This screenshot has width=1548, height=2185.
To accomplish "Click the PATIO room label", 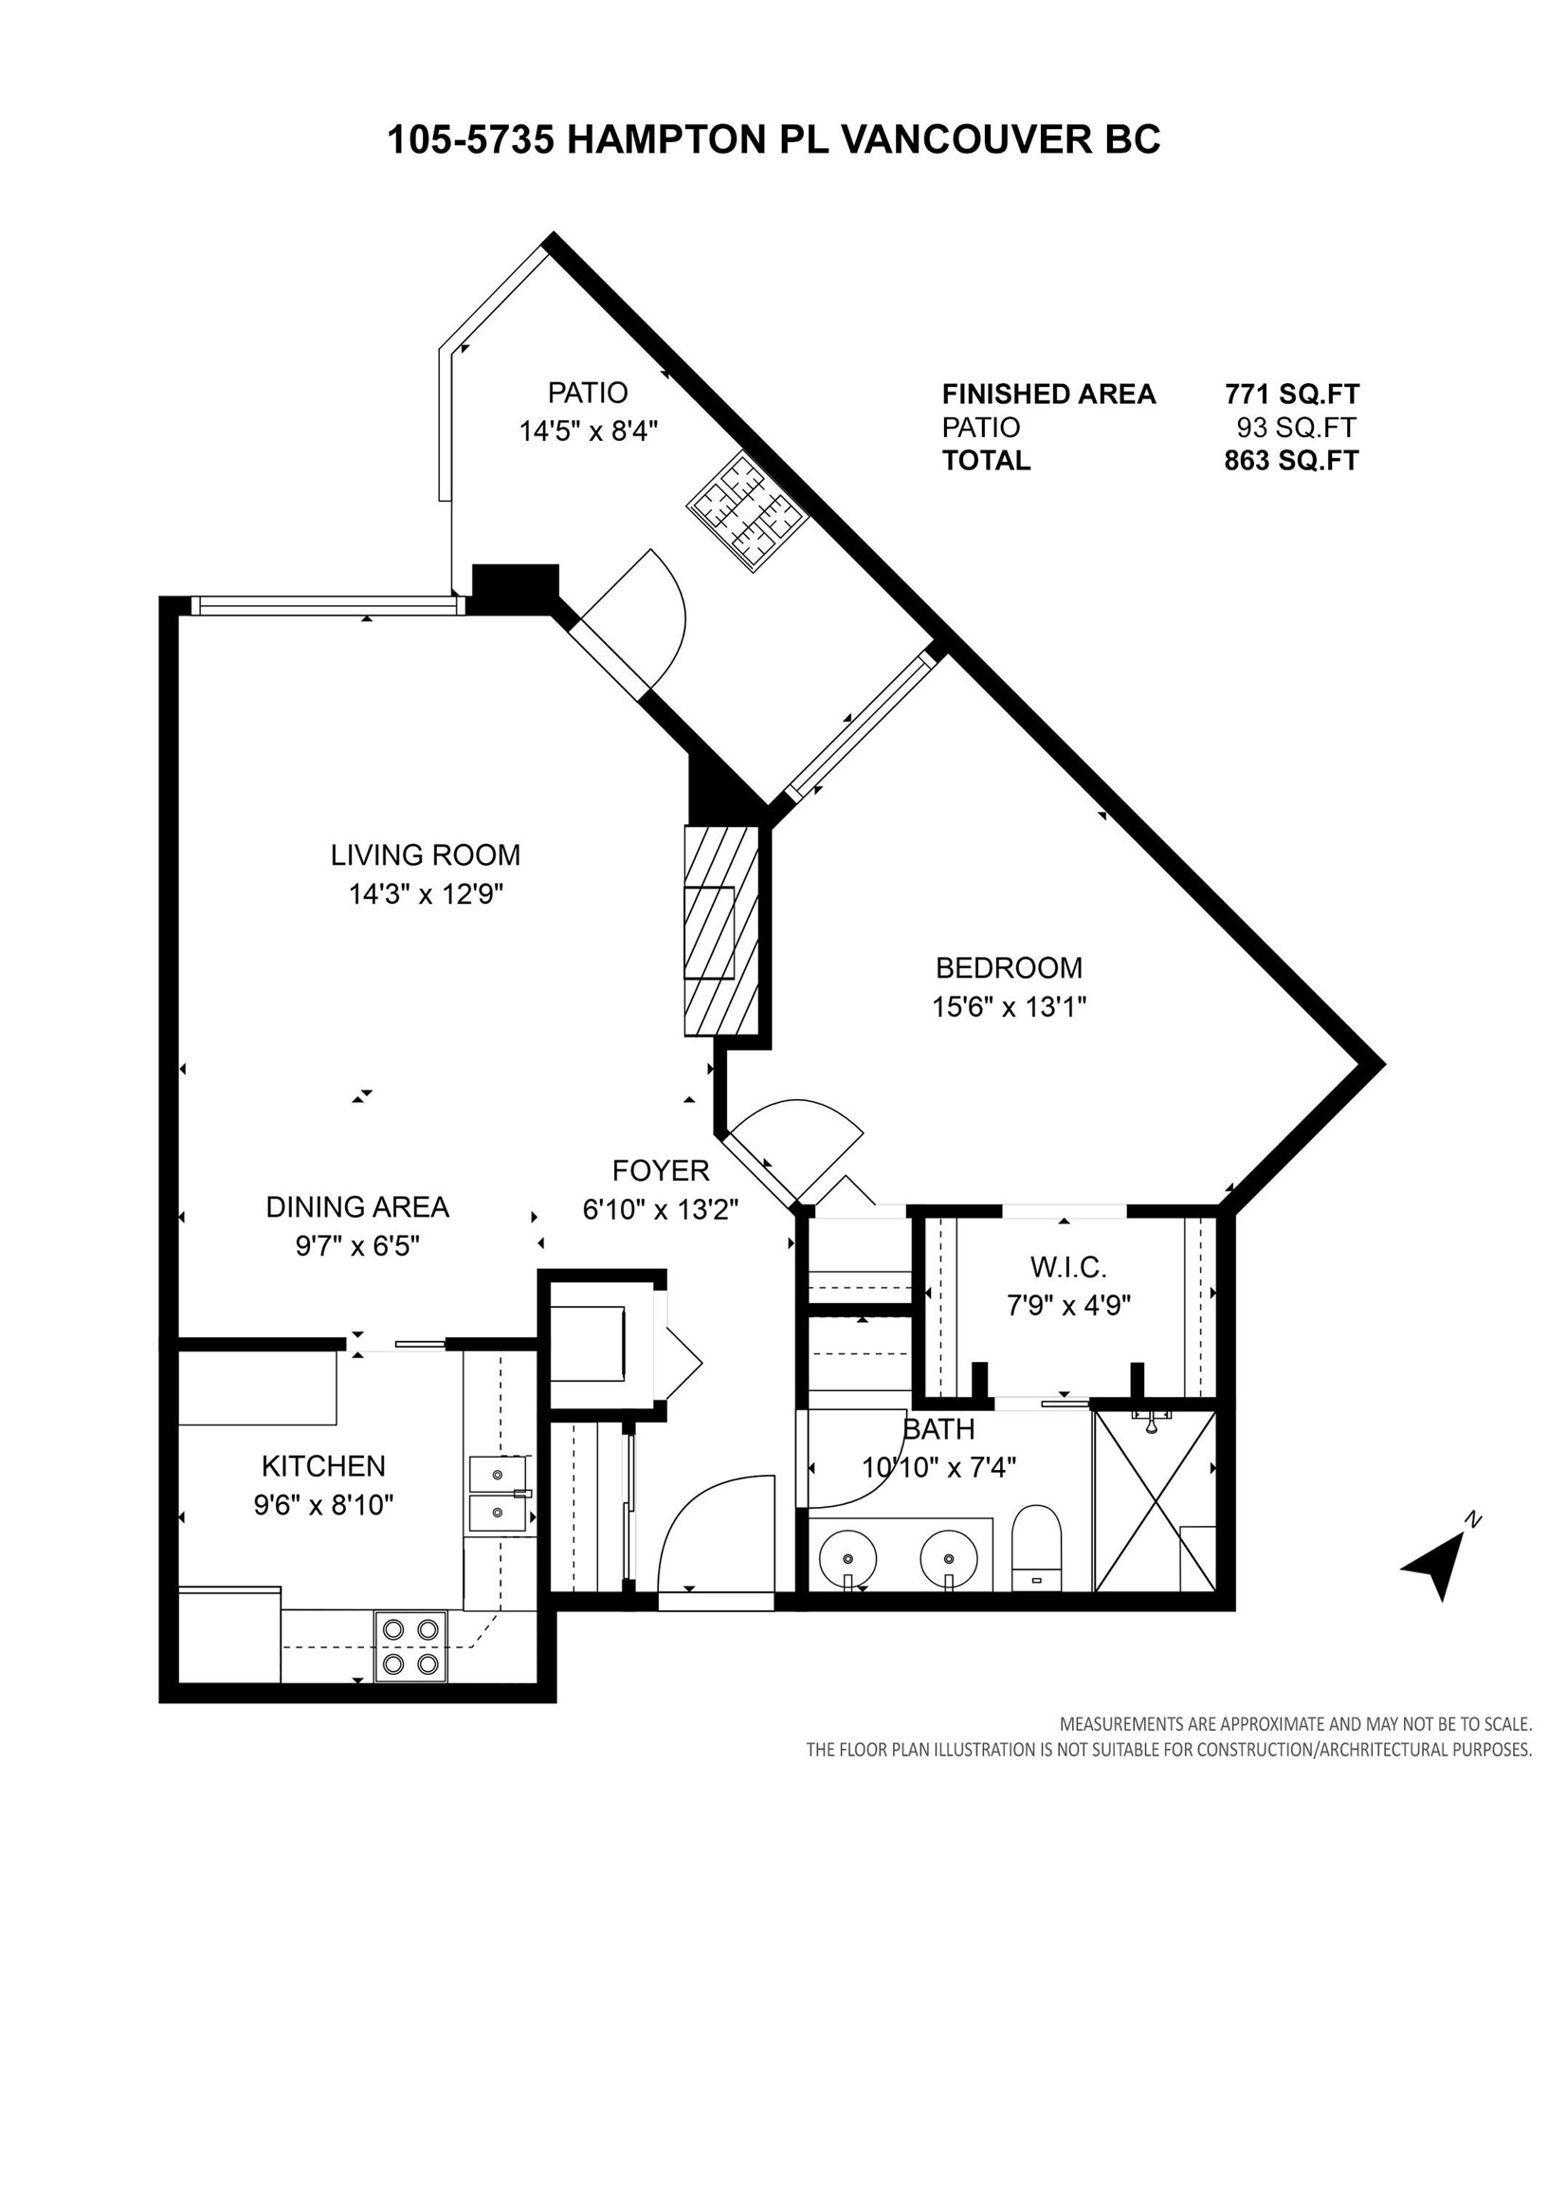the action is click(x=587, y=393).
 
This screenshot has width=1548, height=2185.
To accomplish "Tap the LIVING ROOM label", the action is click(x=425, y=854).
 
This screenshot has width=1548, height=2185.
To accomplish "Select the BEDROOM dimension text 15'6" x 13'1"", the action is click(x=1010, y=1007).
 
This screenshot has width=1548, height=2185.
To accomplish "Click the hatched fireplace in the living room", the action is click(x=721, y=930).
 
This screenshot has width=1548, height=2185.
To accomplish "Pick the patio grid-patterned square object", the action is click(x=749, y=512).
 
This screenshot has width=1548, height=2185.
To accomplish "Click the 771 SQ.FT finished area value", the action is click(x=1292, y=394).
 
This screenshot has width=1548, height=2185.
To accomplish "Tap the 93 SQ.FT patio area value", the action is click(x=1296, y=427).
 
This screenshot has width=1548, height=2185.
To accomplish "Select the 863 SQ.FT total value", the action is click(x=1292, y=461).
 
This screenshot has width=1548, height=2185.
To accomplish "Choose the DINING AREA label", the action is click(x=356, y=1207).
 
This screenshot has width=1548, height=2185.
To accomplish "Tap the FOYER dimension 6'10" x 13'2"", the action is click(x=661, y=1210).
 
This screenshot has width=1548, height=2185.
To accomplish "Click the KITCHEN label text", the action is click(x=323, y=1466).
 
